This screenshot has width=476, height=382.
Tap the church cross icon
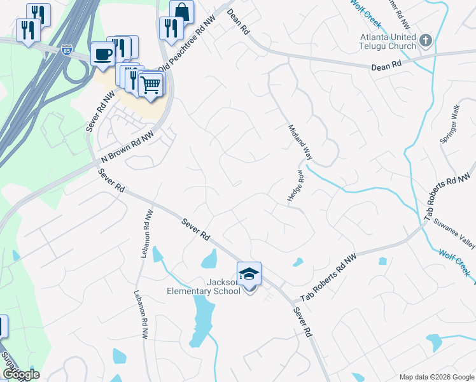pyautogui.click(x=426, y=41)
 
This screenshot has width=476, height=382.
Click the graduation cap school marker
pyautogui.click(x=249, y=274)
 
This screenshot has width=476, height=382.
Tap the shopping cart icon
pyautogui.click(x=151, y=84)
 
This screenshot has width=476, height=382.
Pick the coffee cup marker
pyautogui.click(x=102, y=53)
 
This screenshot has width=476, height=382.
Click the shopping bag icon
pyautogui.click(x=181, y=11)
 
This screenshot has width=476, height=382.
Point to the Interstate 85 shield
pyautogui.click(x=68, y=49)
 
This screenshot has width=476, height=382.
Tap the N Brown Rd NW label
pyautogui.click(x=127, y=146)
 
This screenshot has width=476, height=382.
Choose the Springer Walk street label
pyautogui.click(x=449, y=125)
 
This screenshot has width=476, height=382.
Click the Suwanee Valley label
pyautogui.click(x=454, y=234)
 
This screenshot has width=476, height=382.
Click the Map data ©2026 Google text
pyautogui.click(x=437, y=377)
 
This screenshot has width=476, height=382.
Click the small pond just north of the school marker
pyautogui.click(x=209, y=259)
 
